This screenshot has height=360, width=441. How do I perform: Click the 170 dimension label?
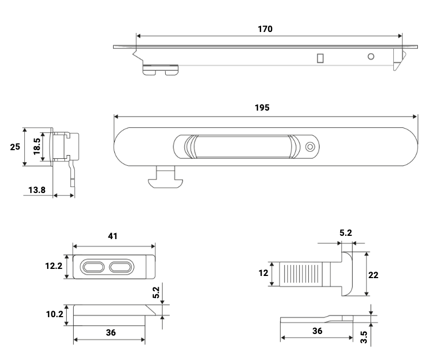(265, 29)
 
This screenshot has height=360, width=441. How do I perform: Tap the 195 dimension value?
(262, 107)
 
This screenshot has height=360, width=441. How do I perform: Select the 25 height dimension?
(15, 147)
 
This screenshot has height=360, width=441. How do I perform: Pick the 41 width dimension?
(113, 236)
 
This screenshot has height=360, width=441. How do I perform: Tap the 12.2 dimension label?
(53, 267)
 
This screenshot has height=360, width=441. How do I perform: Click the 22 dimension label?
(373, 275)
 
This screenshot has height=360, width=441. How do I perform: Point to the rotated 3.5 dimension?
(364, 338)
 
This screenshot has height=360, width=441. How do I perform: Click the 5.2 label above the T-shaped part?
(346, 233)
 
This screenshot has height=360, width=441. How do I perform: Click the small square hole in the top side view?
(321, 57)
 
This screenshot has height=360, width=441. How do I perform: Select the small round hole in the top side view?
(371, 56)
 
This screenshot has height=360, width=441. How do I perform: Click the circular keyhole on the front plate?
(310, 147)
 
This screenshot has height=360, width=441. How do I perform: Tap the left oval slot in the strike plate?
(94, 267)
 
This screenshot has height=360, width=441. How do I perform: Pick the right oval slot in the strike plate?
(121, 267)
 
